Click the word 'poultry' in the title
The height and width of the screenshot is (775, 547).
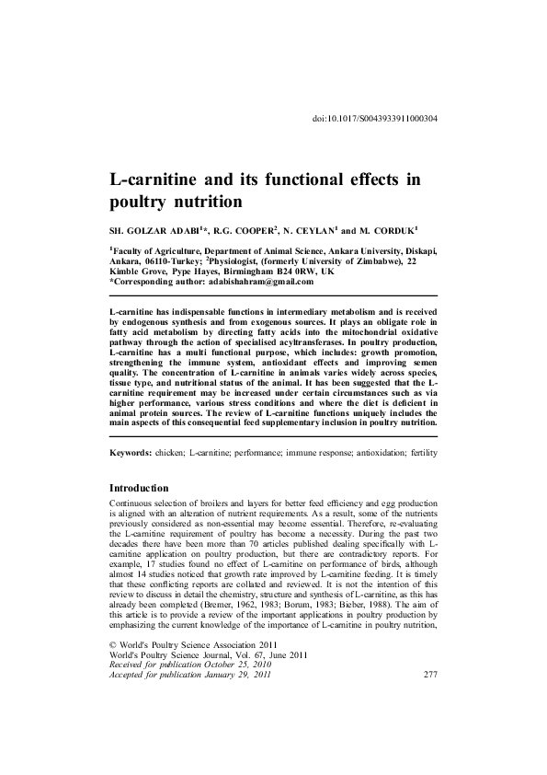(x=142, y=201)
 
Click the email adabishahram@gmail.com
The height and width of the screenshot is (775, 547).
(x=248, y=282)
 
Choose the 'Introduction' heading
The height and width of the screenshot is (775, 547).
(x=139, y=487)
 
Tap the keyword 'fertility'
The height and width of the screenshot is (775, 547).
(x=416, y=454)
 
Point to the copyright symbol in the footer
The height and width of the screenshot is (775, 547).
(x=113, y=697)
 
